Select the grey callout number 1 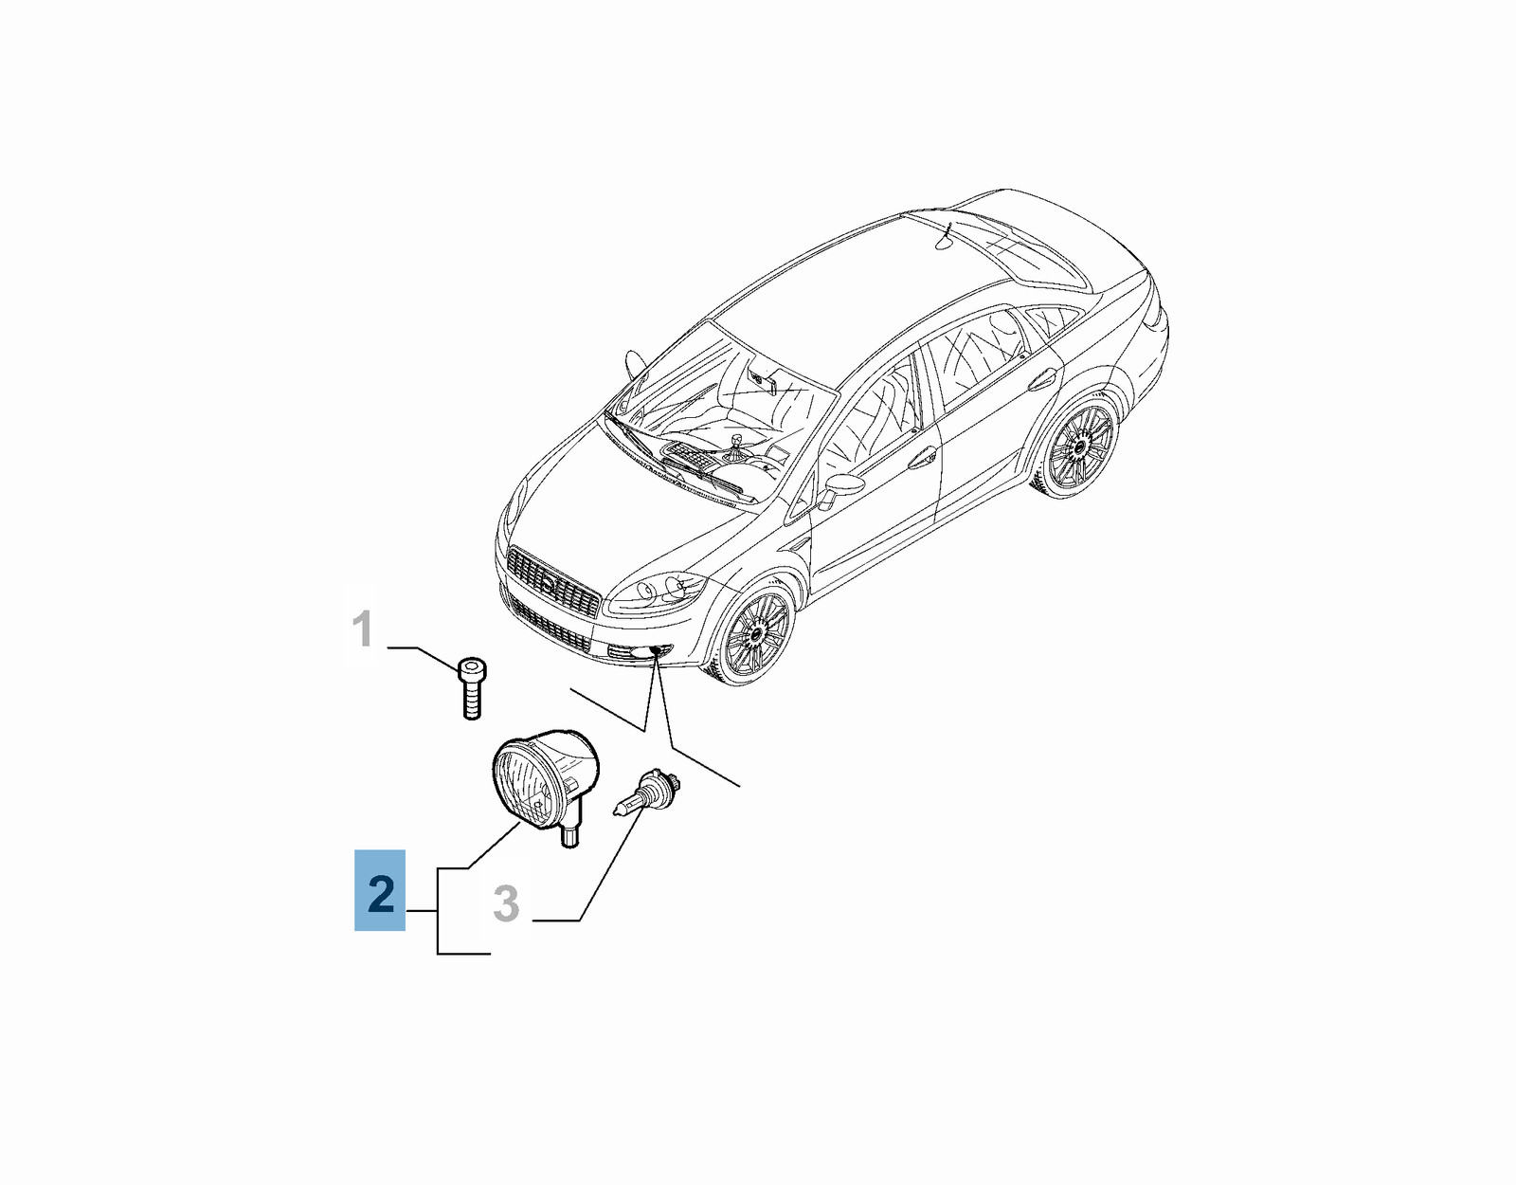point(362,629)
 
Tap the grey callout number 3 point(506,903)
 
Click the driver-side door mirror point(839,488)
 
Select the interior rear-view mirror point(764,379)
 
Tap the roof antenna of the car point(946,237)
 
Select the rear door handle point(1041,377)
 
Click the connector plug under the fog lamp point(570,836)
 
